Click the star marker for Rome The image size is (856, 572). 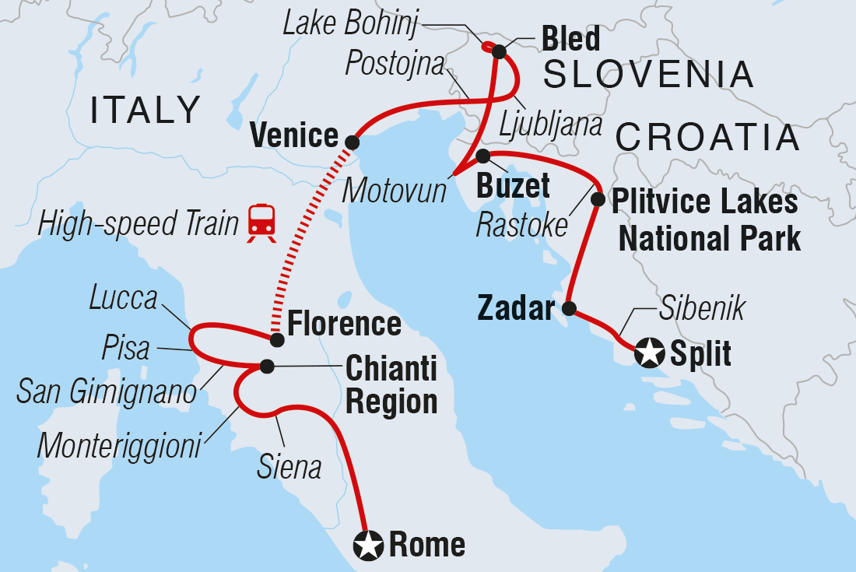pyautogui.click(x=368, y=545)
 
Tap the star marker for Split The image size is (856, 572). pyautogui.click(x=648, y=354)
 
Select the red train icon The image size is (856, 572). pyautogui.click(x=262, y=223)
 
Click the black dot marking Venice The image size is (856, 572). pyautogui.click(x=352, y=142)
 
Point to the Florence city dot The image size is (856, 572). pyautogui.click(x=275, y=340)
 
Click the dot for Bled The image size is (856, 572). pyautogui.click(x=499, y=53)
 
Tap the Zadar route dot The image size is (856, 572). pyautogui.click(x=569, y=309)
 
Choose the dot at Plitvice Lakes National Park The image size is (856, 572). pyautogui.click(x=598, y=199)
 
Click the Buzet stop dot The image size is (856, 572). pyautogui.click(x=482, y=156)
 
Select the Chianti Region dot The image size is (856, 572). pyautogui.click(x=267, y=366)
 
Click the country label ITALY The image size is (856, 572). pyautogui.click(x=146, y=111)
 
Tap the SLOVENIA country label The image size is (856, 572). pyautogui.click(x=648, y=75)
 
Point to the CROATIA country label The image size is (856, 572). pyautogui.click(x=707, y=139)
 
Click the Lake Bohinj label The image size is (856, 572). pyautogui.click(x=350, y=25)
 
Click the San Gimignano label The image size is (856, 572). pyautogui.click(x=107, y=392)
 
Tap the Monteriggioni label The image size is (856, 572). pyautogui.click(x=119, y=445)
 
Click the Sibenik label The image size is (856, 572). pyautogui.click(x=703, y=309)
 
